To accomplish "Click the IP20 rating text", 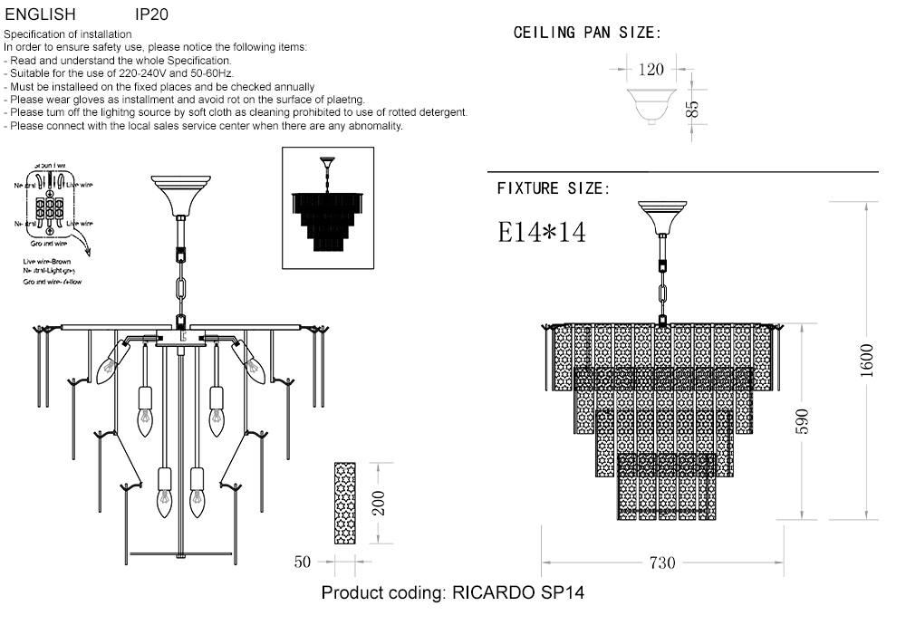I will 151,15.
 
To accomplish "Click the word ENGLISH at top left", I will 40,15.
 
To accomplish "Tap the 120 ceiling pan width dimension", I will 651,70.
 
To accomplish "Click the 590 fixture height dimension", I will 801,421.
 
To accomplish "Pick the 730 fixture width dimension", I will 662,562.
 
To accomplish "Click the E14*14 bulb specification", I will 542,232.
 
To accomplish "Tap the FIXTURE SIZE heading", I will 553,188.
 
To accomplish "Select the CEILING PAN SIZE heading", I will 587,34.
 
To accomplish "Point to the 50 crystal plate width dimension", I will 303,562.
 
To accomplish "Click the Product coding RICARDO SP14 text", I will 453,594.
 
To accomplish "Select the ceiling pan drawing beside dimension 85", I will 651,104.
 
